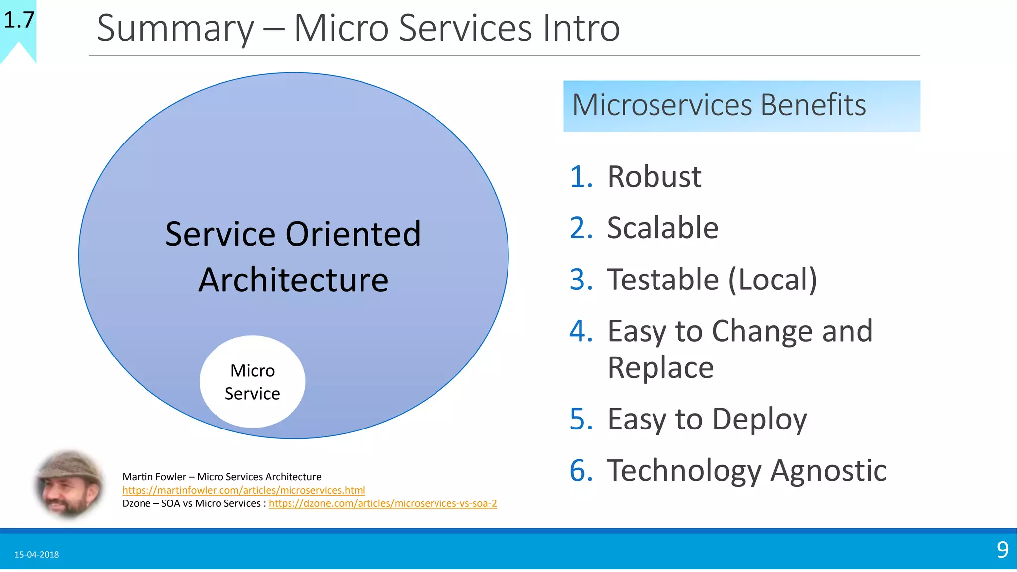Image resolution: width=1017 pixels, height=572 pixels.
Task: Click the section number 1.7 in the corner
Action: coord(19,20)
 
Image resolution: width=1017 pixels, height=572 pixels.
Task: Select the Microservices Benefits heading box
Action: coord(741,106)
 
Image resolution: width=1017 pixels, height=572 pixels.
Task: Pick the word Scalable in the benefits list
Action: coord(662,228)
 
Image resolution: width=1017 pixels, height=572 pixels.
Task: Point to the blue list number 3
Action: coord(581,279)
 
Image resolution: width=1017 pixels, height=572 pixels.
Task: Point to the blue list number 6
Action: coord(581,470)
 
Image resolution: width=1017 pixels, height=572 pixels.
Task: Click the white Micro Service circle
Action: coord(252,381)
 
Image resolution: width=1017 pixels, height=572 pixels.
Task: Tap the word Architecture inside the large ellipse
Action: coord(293,280)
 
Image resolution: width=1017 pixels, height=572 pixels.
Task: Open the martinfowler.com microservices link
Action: coord(243,490)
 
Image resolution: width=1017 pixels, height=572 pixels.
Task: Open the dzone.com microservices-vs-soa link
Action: coord(382,503)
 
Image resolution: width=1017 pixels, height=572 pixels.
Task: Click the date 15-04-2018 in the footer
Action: coord(36,554)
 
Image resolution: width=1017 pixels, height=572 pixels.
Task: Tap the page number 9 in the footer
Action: coord(1002,550)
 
